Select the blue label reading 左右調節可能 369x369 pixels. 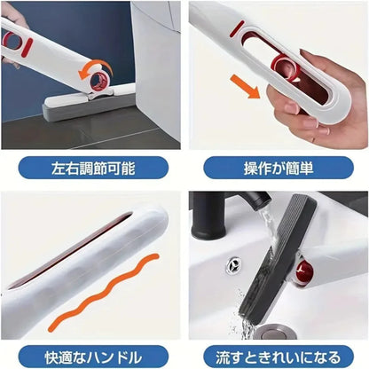point(91,167)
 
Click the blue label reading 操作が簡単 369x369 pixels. point(277,167)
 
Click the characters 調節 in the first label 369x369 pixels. point(90,167)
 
